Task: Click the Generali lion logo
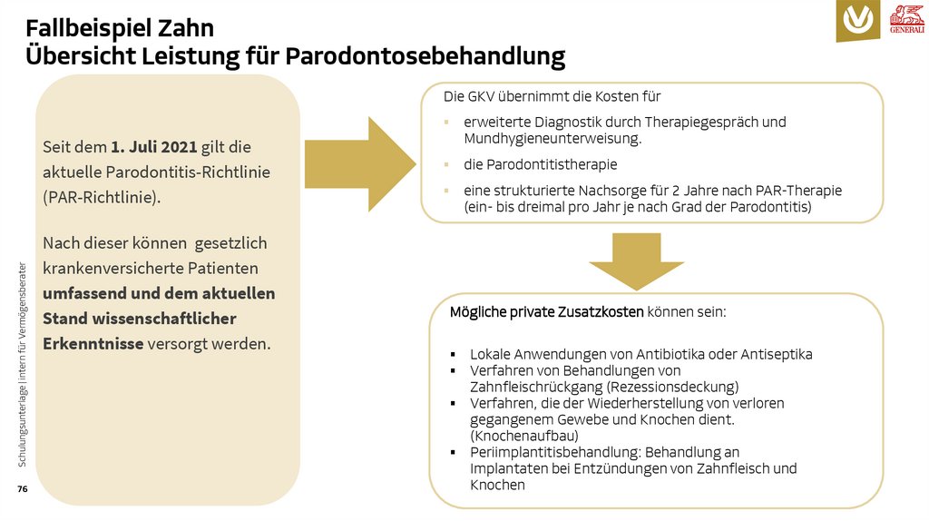click(906, 18)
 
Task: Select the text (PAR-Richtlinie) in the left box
click(102, 196)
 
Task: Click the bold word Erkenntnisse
click(93, 344)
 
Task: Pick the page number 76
click(22, 489)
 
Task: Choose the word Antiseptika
click(776, 354)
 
